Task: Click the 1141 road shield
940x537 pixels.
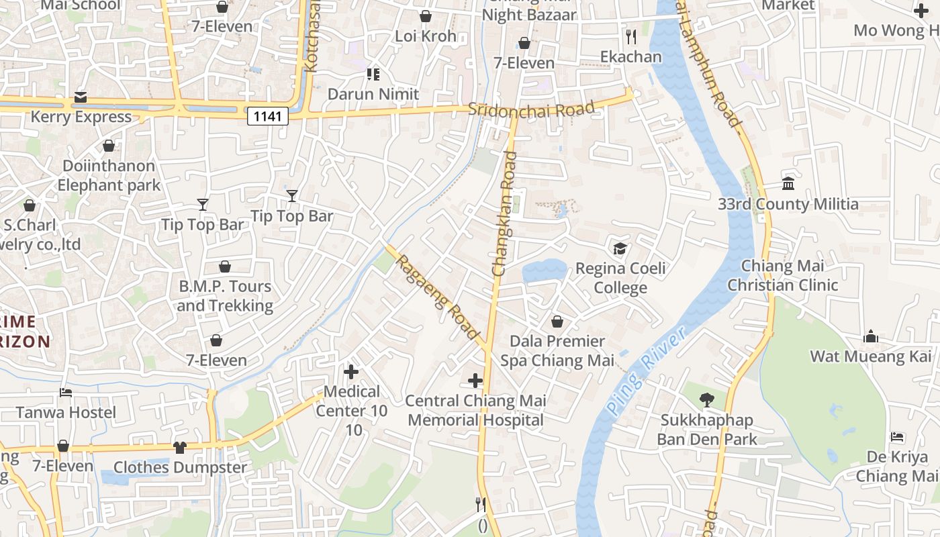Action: coord(268,117)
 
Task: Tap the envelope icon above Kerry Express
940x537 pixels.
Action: coord(81,97)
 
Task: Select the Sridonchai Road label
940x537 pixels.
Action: coord(531,109)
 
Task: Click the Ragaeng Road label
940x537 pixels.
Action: coord(437,296)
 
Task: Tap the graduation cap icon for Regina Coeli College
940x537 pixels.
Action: coord(620,249)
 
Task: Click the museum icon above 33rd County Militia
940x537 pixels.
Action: coord(788,184)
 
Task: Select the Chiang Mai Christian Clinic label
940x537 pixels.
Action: coord(783,275)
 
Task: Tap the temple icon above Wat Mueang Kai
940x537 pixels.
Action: coord(871,336)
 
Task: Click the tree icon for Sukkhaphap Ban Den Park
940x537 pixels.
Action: coord(706,400)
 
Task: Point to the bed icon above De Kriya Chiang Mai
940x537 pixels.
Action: coord(897,437)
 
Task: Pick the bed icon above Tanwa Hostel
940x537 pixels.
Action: coord(66,392)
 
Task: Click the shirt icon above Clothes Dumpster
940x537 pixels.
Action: coord(180,447)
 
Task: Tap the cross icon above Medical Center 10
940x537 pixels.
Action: coord(351,371)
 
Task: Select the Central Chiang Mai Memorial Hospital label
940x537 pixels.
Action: coord(475,411)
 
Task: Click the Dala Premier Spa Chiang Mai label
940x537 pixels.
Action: coord(557,351)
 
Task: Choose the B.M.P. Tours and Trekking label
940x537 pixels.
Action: coord(225,296)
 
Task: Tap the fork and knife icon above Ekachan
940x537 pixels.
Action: coord(630,36)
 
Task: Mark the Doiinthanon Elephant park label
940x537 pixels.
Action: coord(109,175)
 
